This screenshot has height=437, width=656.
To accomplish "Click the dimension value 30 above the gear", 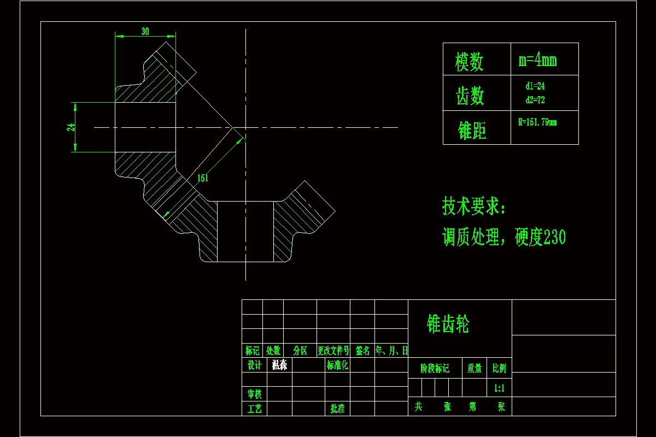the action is click(x=145, y=32).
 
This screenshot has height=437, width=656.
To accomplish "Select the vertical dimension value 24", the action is click(x=71, y=127).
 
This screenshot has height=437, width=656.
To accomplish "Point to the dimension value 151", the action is click(x=202, y=178).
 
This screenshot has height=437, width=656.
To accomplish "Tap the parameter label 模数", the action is click(x=470, y=61).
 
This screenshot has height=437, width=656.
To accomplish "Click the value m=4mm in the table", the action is click(x=537, y=60).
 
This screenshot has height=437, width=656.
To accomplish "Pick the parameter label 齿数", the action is click(x=470, y=95).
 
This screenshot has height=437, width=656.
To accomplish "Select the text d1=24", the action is click(x=535, y=86).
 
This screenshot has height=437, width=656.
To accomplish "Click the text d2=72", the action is click(x=535, y=100).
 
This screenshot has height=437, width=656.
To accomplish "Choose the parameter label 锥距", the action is click(x=472, y=131).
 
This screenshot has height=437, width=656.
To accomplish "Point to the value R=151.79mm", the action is click(x=537, y=122).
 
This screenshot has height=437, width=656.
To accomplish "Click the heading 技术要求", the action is click(x=474, y=206).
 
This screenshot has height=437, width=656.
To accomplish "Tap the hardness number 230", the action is click(x=554, y=238).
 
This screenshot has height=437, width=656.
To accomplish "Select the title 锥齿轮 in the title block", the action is click(x=448, y=324).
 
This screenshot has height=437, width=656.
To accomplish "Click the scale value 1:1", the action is click(x=499, y=388).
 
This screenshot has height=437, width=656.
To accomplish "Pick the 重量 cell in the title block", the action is click(x=475, y=369).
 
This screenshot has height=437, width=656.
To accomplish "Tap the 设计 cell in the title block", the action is click(x=254, y=365).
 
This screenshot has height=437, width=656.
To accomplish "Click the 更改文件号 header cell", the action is click(x=333, y=351).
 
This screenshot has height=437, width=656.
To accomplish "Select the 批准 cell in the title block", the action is click(x=337, y=409).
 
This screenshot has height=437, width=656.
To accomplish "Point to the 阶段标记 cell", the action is click(x=435, y=369).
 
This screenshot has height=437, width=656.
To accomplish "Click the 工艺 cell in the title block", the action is click(x=254, y=409).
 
